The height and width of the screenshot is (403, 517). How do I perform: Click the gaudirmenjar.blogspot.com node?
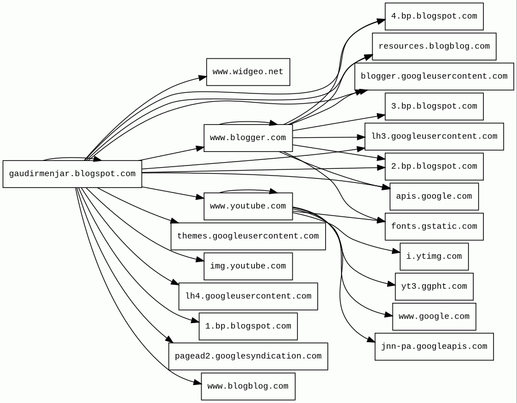(72, 174)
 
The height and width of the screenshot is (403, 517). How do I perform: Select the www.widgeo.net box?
(248, 72)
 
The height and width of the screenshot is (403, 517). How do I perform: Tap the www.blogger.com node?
(248, 138)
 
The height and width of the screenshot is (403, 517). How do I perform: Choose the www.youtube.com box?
(248, 207)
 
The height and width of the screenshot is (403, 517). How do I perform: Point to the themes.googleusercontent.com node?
(248, 236)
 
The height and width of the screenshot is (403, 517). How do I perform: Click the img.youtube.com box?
(248, 266)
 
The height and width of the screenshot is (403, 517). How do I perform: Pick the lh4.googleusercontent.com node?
(248, 296)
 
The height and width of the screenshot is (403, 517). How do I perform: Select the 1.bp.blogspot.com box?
(248, 326)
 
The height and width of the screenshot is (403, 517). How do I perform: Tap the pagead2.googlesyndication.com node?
(248, 356)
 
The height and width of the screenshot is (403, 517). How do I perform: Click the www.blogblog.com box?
(248, 387)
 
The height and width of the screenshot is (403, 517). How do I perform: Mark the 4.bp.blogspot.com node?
(434, 16)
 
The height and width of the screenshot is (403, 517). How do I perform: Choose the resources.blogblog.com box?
(434, 46)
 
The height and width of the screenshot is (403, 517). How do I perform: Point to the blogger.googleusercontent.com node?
(434, 77)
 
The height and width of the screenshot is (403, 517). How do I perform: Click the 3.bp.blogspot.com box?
(434, 106)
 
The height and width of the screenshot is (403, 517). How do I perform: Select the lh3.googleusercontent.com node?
(434, 137)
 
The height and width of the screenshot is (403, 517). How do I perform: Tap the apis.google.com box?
(434, 196)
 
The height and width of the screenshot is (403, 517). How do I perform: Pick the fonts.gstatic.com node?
(434, 227)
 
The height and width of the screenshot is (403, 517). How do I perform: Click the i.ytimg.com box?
(434, 257)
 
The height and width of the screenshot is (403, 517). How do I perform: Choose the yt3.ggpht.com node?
(434, 286)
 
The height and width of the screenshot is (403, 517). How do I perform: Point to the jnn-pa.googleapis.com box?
(434, 347)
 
